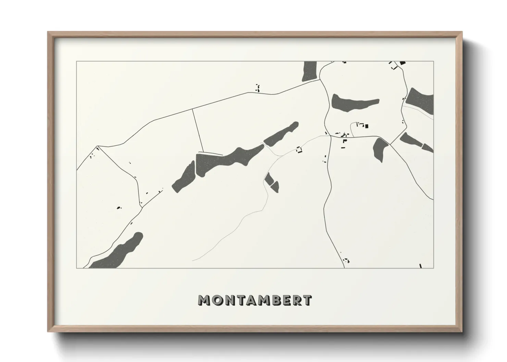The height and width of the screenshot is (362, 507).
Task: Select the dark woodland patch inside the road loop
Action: pyautogui.click(x=353, y=103)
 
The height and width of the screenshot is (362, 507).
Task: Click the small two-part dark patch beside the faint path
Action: pyautogui.click(x=272, y=182)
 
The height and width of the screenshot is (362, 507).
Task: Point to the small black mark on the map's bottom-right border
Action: pyautogui.click(x=420, y=266)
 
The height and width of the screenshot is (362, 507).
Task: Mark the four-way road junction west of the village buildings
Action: pyautogui.click(x=330, y=136)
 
